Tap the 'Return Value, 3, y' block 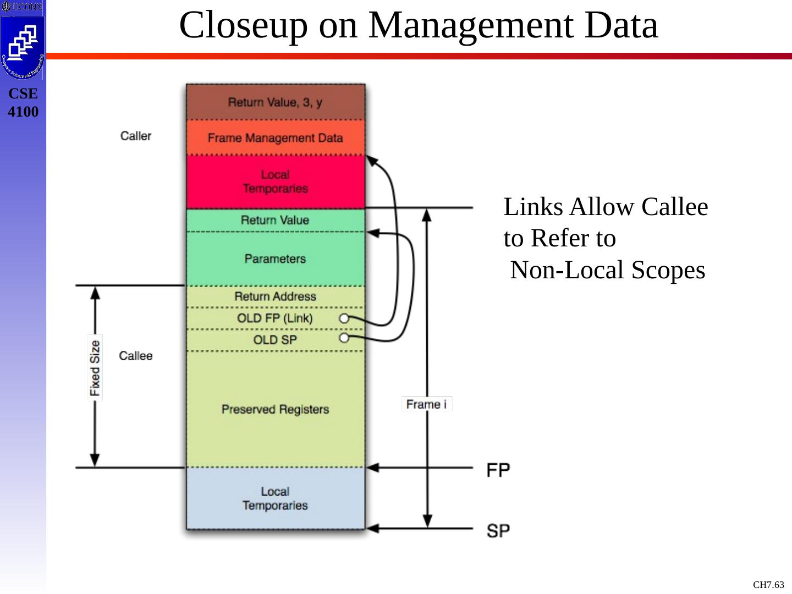tap(275, 102)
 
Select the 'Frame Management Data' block tap(275, 138)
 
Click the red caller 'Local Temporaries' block tap(275, 182)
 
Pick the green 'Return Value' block tap(275, 221)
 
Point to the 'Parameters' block tap(275, 258)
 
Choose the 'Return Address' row tap(275, 297)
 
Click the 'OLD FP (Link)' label tap(274, 318)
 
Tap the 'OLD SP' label tap(274, 340)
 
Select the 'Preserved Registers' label tap(275, 409)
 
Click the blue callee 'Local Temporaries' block tap(275, 498)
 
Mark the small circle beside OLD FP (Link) tap(344, 318)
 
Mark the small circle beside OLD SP tap(344, 338)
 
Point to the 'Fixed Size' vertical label tap(95, 367)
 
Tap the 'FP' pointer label tap(498, 470)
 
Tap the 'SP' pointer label tap(498, 531)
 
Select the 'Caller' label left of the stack tap(136, 136)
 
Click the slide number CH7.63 tap(768, 585)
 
